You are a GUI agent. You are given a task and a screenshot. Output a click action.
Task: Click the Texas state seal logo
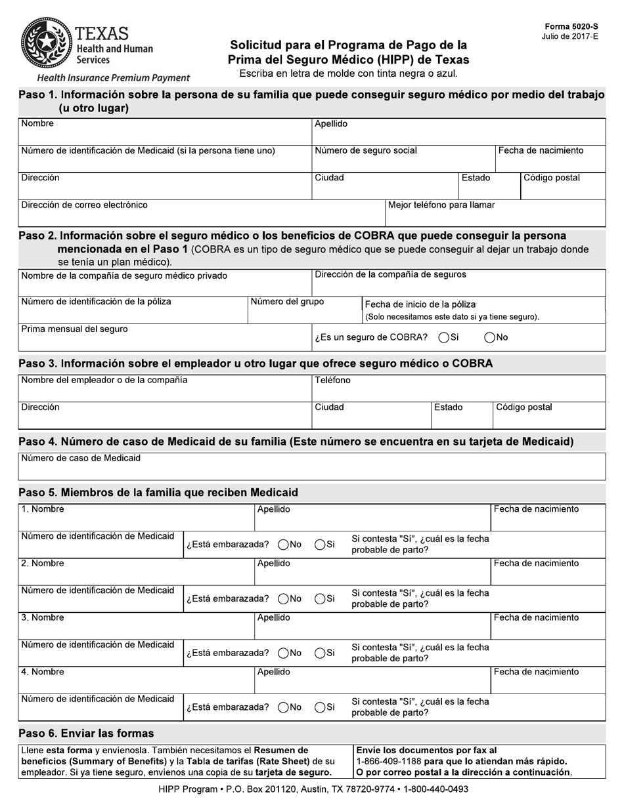(46, 45)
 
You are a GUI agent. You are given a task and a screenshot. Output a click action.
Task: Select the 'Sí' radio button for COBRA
(444, 338)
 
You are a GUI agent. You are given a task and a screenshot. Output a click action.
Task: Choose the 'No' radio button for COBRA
(489, 338)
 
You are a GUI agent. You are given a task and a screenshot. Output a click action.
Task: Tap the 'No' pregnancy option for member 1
(284, 544)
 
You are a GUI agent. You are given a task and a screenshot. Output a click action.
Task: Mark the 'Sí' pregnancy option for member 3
(320, 653)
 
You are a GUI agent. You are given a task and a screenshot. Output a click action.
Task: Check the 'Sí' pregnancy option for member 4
(320, 707)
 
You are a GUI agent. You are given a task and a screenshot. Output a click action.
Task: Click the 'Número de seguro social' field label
(366, 151)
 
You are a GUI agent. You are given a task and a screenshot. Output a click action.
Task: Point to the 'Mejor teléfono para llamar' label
(441, 205)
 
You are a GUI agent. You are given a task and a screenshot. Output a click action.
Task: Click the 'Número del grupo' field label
(287, 302)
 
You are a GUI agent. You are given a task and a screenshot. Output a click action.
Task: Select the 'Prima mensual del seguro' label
(74, 329)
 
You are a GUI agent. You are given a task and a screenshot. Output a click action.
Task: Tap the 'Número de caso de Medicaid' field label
(81, 458)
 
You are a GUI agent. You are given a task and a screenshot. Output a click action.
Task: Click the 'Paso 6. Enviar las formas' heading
(86, 734)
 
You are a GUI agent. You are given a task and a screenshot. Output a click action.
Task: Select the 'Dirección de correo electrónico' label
(84, 205)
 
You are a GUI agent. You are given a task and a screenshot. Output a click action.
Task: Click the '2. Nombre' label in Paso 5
(43, 564)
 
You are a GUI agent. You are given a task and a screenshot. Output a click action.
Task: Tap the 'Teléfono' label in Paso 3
(332, 381)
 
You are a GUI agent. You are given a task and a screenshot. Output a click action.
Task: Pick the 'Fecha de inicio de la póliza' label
(420, 304)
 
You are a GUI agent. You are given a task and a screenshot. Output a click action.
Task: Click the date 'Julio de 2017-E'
(570, 36)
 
